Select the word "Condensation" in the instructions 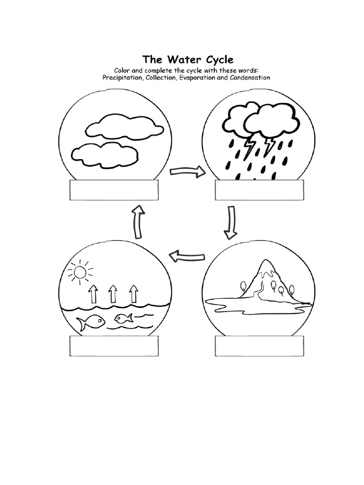250,78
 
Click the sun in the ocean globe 79,272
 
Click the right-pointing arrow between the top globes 188,171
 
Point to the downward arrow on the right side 231,222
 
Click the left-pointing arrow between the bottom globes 187,256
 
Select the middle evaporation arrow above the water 113,294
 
